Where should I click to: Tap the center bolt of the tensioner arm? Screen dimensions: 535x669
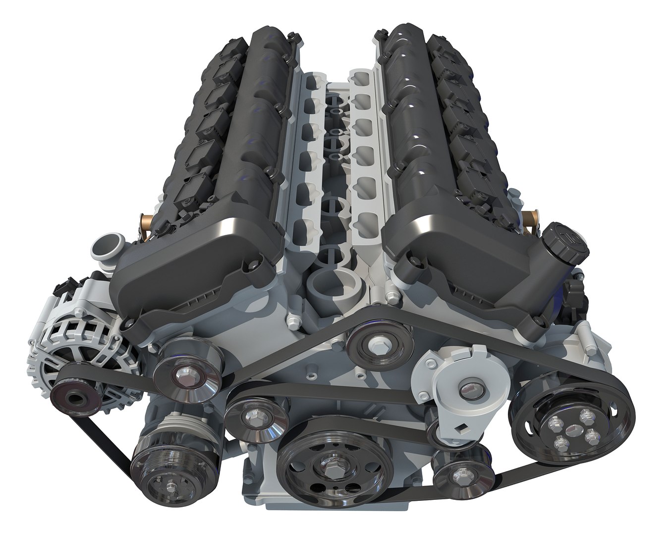click(468, 389)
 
